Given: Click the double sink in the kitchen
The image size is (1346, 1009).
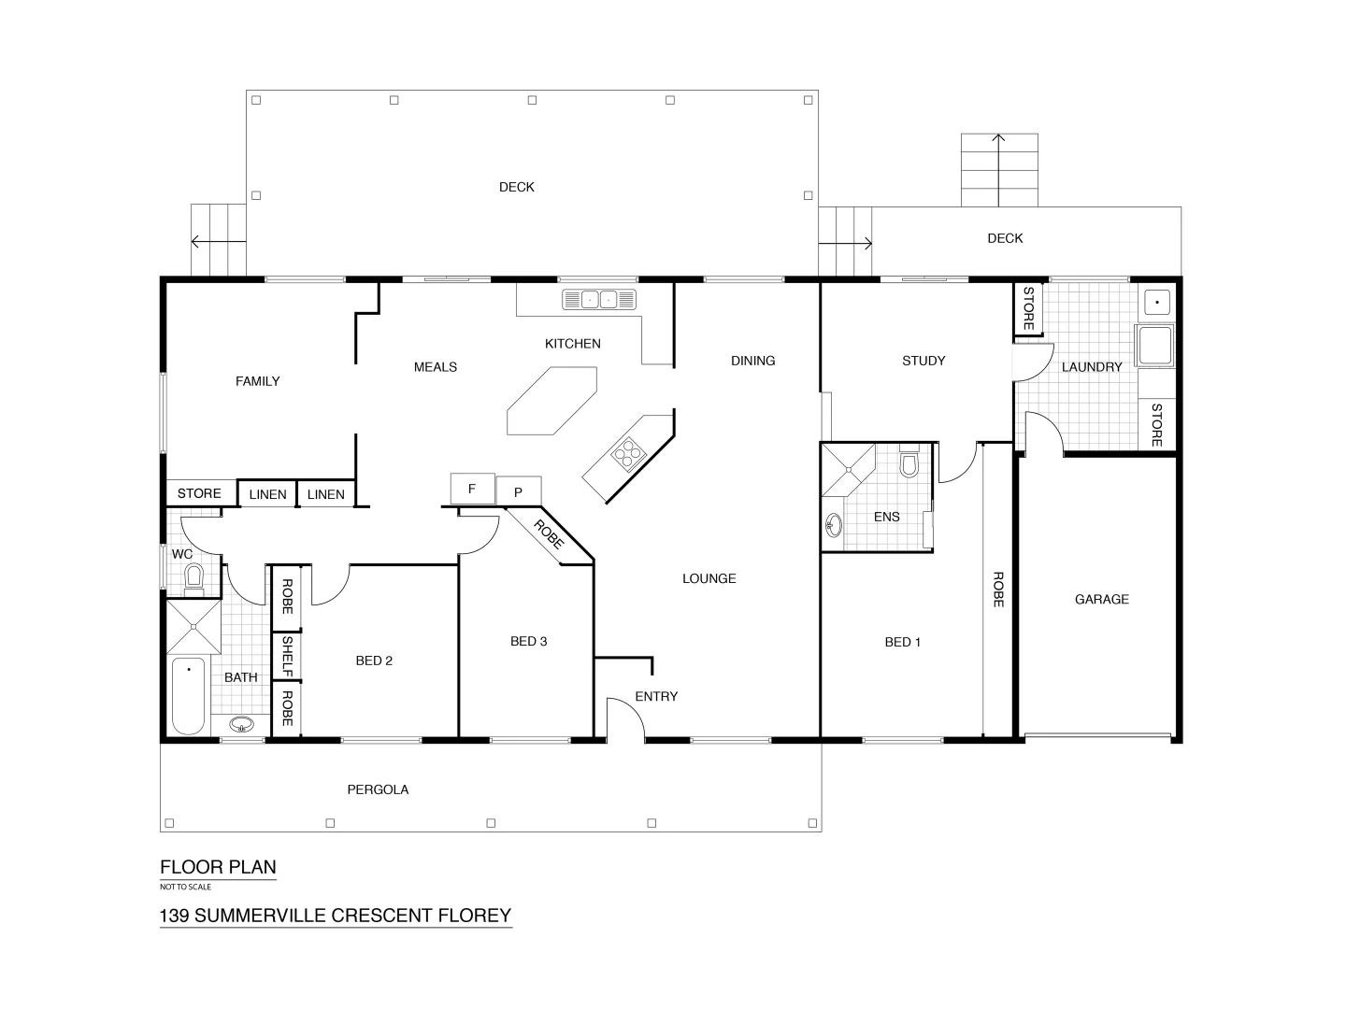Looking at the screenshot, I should (598, 300).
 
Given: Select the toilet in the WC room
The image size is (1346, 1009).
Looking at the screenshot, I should (194, 576).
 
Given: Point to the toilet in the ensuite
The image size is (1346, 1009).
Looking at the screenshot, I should (909, 464).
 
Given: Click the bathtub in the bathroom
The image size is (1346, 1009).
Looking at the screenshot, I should (189, 696).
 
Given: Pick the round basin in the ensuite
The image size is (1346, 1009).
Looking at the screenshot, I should (834, 526).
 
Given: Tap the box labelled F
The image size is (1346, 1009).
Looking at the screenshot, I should (472, 488).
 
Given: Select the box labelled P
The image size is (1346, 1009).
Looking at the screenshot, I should (518, 491).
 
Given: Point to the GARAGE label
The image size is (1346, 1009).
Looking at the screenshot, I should (1101, 599).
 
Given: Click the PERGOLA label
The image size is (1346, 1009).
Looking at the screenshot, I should (378, 789).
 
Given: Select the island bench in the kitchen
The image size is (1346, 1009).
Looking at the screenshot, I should (551, 401).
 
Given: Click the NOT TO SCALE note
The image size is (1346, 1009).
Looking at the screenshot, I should (185, 887).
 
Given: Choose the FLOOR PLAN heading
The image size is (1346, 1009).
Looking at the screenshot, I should (218, 866).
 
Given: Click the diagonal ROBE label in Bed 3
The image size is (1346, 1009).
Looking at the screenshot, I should (550, 533).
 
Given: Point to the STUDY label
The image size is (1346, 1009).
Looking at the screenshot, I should (924, 361).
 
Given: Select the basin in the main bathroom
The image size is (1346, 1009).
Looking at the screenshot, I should (242, 725).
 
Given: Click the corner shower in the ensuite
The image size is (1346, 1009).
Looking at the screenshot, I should (847, 469).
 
